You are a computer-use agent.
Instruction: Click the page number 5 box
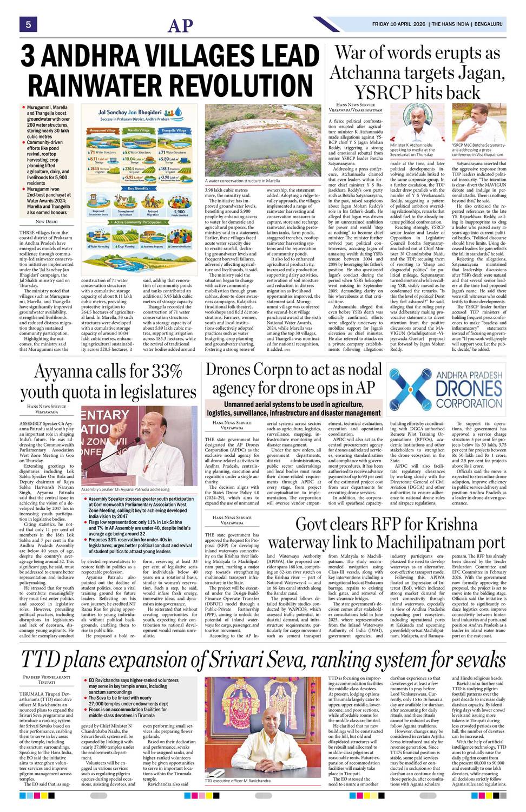pyautogui.click(x=28, y=24)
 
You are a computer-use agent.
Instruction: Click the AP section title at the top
pyautogui.click(x=180, y=25)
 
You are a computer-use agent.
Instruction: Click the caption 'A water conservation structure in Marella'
pyautogui.click(x=242, y=181)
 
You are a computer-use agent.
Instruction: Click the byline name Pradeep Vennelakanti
pyautogui.click(x=47, y=677)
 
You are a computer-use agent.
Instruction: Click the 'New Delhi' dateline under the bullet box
pyautogui.click(x=47, y=221)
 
